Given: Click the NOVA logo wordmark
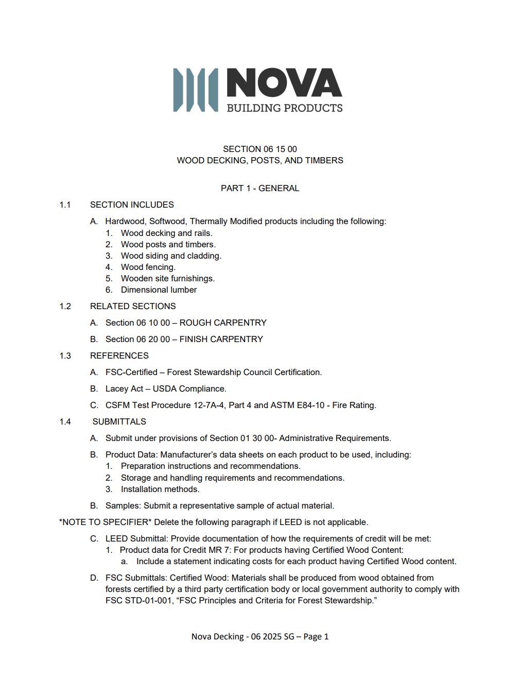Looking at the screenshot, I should pyautogui.click(x=284, y=83).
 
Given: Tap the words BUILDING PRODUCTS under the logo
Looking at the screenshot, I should pyautogui.click(x=285, y=108).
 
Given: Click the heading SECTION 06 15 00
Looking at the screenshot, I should pyautogui.click(x=259, y=149).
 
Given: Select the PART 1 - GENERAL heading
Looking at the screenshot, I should pyautogui.click(x=259, y=188).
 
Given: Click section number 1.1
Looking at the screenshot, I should pyautogui.click(x=65, y=205).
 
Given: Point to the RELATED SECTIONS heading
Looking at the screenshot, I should pyautogui.click(x=133, y=306).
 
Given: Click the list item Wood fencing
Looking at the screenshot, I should pyautogui.click(x=148, y=267).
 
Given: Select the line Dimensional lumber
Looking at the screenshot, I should pyautogui.click(x=159, y=290).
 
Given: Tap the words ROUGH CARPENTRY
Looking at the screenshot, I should pyautogui.click(x=223, y=323).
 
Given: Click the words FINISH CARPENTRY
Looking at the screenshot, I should pyautogui.click(x=221, y=339).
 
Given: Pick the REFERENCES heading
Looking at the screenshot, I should pyautogui.click(x=119, y=356).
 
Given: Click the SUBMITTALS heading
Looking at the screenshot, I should pyautogui.click(x=119, y=421).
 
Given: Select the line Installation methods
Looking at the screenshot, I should pyautogui.click(x=160, y=489).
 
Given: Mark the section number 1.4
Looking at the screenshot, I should pyautogui.click(x=65, y=421).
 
